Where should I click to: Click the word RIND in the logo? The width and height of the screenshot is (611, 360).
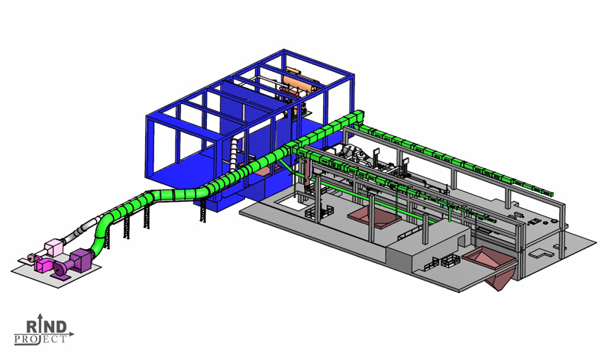(x=46, y=326)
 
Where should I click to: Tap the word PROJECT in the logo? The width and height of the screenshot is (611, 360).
(x=40, y=339)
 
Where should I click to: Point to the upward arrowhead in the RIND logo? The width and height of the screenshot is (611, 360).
(x=40, y=315)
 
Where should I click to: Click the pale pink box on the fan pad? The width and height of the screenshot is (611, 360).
(x=53, y=248)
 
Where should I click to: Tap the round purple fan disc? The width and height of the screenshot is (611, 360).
(x=60, y=269)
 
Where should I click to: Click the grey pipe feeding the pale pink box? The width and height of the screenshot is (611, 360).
(x=78, y=232)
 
